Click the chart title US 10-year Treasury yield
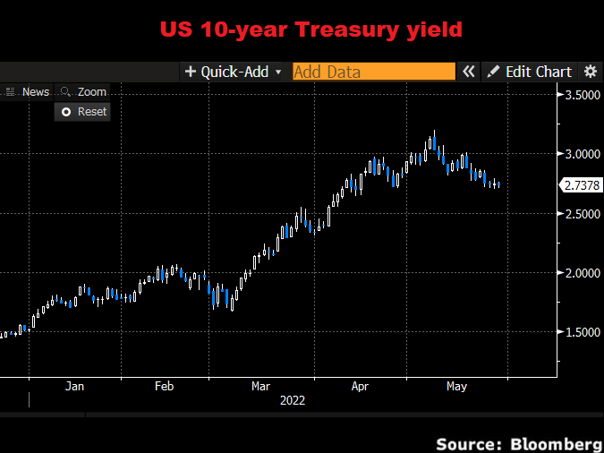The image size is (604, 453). (x=311, y=30)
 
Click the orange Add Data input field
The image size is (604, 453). (x=373, y=72)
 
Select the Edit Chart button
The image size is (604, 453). (x=530, y=72)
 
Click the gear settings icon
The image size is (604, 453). (x=590, y=72)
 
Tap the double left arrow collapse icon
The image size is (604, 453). (x=469, y=72)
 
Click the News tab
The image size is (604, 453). (x=30, y=91)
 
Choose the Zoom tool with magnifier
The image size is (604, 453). (x=83, y=91)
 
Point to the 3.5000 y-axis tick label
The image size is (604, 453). (x=581, y=95)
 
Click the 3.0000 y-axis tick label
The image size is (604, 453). (x=581, y=154)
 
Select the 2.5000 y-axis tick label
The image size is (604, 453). (x=581, y=214)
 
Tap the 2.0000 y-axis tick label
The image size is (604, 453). (x=581, y=273)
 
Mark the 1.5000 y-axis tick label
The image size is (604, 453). (x=581, y=332)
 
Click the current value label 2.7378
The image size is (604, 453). (x=581, y=185)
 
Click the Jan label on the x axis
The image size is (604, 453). (x=74, y=387)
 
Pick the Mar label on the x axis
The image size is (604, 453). (x=260, y=387)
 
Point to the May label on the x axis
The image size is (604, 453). (x=456, y=387)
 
